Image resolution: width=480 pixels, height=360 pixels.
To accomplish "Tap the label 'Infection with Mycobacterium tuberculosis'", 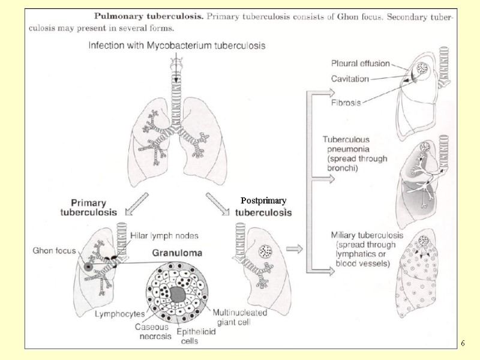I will point(177,45).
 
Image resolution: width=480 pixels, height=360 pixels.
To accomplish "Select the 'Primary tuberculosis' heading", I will point(89,207).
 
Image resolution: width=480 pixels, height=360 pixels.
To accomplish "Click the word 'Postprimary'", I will point(263,200).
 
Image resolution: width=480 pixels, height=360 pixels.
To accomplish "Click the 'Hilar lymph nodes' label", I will point(164,236).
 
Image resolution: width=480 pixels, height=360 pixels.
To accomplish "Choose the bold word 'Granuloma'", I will point(176,253).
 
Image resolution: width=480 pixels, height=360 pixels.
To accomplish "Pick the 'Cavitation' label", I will point(350,78).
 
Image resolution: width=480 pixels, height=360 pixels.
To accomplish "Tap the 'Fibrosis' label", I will point(346,103).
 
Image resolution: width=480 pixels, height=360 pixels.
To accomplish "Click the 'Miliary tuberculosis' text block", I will point(367,249).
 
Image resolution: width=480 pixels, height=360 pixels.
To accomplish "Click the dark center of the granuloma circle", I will point(178,294).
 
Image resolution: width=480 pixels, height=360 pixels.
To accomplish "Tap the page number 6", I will point(463,343).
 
